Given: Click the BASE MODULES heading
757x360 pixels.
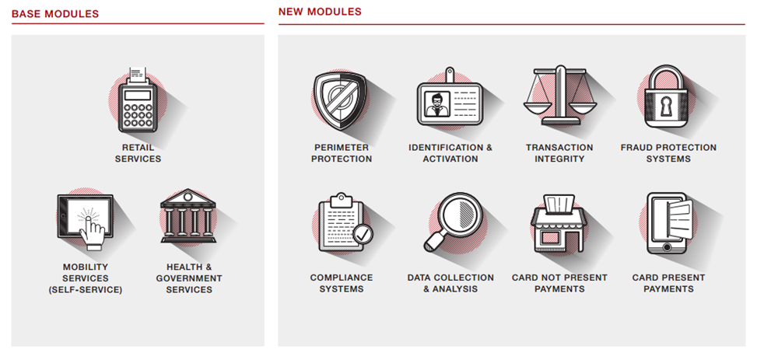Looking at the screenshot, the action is [x=55, y=14].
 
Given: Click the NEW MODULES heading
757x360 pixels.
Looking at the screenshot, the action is [x=320, y=12].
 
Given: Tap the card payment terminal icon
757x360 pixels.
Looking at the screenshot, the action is [x=138, y=100].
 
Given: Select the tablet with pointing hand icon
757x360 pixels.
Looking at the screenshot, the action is [x=86, y=222].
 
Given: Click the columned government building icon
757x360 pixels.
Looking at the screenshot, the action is [x=188, y=215].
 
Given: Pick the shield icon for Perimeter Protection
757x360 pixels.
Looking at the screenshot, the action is [x=340, y=100].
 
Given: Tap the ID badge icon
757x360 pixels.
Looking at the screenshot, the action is [x=450, y=99].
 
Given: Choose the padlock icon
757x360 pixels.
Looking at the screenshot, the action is [x=666, y=96].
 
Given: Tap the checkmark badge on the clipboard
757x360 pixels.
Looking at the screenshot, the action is [x=363, y=235].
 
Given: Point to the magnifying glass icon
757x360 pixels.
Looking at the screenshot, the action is [x=452, y=222].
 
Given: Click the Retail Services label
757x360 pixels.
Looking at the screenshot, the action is [x=138, y=153].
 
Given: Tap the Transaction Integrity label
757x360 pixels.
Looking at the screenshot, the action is [x=559, y=153].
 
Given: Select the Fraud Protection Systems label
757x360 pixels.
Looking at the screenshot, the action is [x=668, y=153].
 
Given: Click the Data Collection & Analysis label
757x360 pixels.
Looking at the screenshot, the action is [x=450, y=283].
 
